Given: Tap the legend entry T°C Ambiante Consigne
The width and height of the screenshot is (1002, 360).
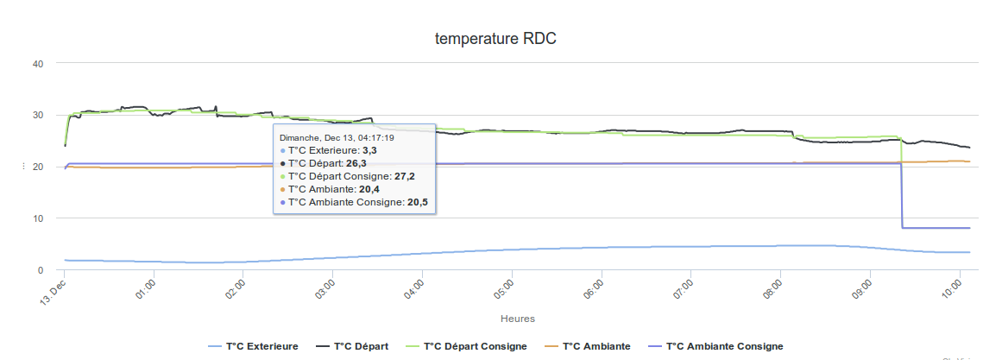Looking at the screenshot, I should [x=724, y=346].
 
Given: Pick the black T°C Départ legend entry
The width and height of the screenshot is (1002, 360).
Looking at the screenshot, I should [x=361, y=346].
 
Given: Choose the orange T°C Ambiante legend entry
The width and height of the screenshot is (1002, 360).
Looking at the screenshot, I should [x=596, y=346].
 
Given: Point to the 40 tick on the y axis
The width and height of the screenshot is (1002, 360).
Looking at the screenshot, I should [x=38, y=63].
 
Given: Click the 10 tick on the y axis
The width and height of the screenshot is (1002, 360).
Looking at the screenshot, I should [x=38, y=218].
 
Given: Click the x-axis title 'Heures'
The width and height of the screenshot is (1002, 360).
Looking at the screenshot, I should [x=517, y=319].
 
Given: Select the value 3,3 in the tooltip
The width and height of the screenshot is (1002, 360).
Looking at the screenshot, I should [x=369, y=150].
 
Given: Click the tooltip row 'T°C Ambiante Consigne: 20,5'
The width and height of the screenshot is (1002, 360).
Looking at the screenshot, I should [x=354, y=202].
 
